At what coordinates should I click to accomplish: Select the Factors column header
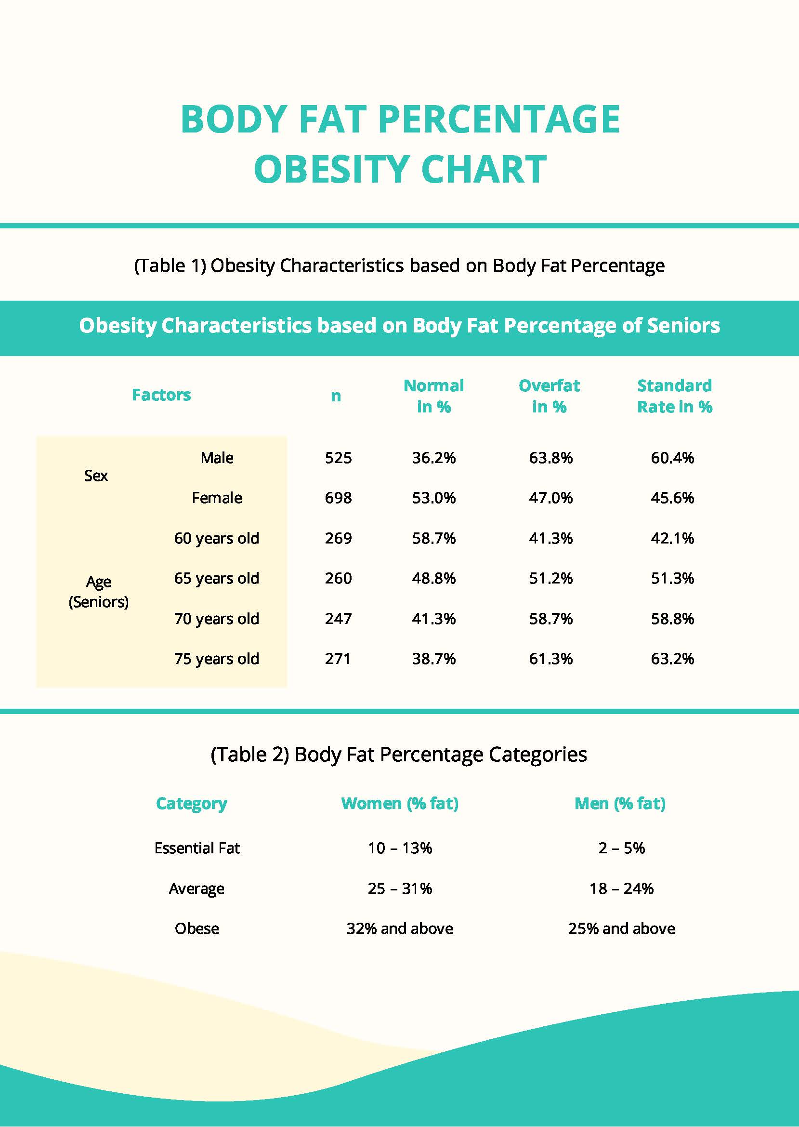pyautogui.click(x=161, y=395)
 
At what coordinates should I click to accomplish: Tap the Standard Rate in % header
pyautogui.click(x=674, y=396)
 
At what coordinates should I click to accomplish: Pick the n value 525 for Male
pyautogui.click(x=339, y=458)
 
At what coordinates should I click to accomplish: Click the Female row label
pyautogui.click(x=217, y=498)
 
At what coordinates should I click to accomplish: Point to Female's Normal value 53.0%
pyautogui.click(x=434, y=498)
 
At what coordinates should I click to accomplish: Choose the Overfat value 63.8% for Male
pyautogui.click(x=550, y=458)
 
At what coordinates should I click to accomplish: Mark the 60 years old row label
pyautogui.click(x=216, y=538)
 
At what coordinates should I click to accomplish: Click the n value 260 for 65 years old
pyautogui.click(x=339, y=578)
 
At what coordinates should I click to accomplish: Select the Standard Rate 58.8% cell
pyautogui.click(x=672, y=619)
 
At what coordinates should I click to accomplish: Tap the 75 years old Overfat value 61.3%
pyautogui.click(x=550, y=659)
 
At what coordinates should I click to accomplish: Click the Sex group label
pyautogui.click(x=96, y=476)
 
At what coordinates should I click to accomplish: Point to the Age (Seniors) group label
pyautogui.click(x=98, y=592)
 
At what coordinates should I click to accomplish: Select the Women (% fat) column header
pyautogui.click(x=400, y=804)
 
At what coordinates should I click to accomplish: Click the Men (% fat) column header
pyautogui.click(x=620, y=804)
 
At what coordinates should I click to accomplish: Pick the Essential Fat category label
pyautogui.click(x=197, y=849)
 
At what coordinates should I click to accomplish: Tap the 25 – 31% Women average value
pyautogui.click(x=400, y=889)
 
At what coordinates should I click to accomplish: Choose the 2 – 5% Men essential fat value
pyautogui.click(x=621, y=849)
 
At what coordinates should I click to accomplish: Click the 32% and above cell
pyautogui.click(x=400, y=928)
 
